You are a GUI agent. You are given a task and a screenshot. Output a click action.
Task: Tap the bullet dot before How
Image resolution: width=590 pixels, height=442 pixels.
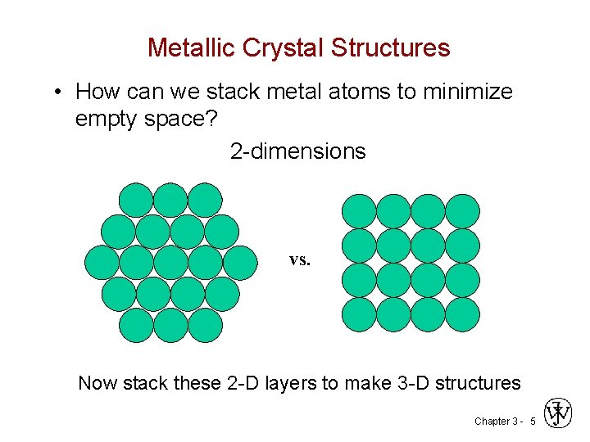(56, 92)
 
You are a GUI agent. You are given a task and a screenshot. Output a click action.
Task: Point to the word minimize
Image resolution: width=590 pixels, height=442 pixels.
(467, 92)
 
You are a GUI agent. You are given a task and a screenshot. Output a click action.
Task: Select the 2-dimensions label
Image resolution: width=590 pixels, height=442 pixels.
(297, 151)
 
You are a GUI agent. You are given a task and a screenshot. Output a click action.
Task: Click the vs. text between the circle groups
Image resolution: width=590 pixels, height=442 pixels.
(300, 259)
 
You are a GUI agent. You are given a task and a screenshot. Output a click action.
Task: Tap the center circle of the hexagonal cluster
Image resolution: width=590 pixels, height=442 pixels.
(170, 262)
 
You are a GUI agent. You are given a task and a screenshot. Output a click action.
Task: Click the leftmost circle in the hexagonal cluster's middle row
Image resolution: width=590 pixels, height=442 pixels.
(102, 262)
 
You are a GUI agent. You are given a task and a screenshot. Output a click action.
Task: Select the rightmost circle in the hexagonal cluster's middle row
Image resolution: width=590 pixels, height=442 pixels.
(239, 262)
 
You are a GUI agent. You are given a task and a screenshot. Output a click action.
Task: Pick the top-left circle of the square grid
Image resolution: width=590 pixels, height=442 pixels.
(359, 211)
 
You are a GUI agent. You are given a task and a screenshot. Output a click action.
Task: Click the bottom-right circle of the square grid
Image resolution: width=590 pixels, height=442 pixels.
(462, 314)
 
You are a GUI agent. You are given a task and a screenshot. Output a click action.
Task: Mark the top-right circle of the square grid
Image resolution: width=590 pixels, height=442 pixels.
(462, 211)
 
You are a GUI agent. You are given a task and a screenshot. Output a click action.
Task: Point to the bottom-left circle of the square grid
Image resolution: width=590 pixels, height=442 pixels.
(359, 314)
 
